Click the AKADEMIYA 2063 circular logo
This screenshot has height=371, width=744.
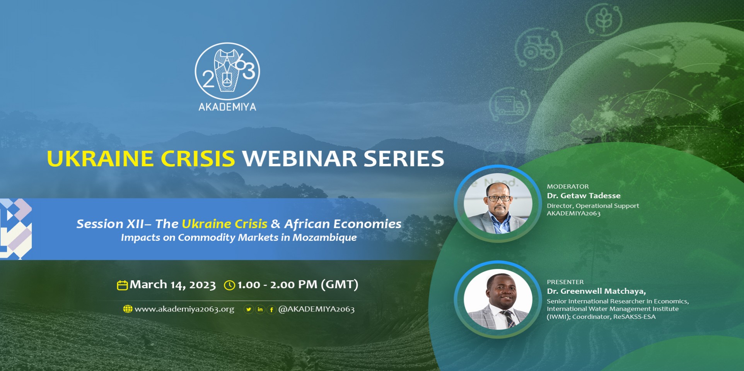point(227,71)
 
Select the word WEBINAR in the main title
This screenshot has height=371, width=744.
point(300,159)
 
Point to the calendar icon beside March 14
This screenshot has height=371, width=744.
point(122,285)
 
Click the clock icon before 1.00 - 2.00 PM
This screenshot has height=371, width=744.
point(230,285)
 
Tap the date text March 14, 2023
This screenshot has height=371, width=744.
point(172,285)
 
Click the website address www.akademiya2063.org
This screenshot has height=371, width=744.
point(184,309)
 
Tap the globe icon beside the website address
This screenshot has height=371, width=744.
point(128,309)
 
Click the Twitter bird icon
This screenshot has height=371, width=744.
point(249,309)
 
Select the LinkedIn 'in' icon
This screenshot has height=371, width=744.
point(260,309)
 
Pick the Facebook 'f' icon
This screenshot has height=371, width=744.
point(271,309)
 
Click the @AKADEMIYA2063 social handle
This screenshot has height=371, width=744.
point(316,309)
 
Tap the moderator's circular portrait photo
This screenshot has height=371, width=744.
point(498,203)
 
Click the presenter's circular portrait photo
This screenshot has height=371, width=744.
point(498,299)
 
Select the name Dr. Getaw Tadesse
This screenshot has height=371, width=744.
point(584,196)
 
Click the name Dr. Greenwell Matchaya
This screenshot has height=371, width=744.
point(596,291)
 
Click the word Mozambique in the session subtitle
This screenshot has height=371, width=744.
point(324,238)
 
